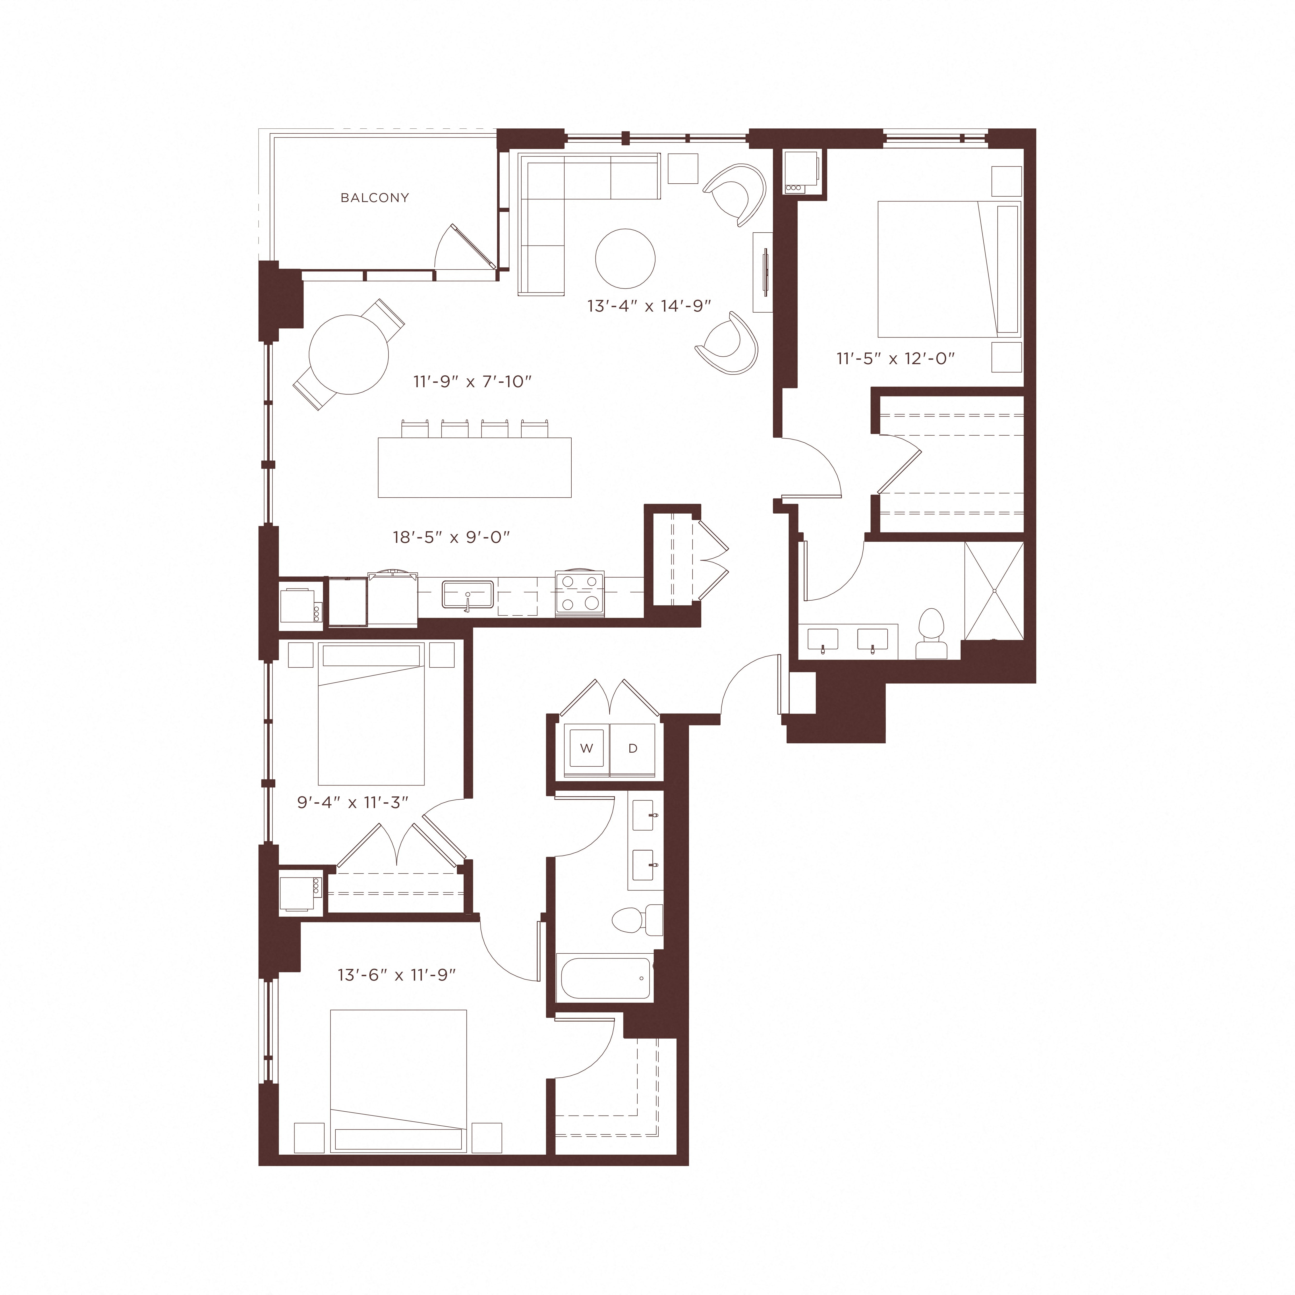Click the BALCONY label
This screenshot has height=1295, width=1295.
click(375, 198)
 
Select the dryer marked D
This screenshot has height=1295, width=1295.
click(632, 749)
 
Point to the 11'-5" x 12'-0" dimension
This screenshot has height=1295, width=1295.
click(896, 359)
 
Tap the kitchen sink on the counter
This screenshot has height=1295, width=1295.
click(467, 595)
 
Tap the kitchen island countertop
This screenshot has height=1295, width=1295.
click(474, 467)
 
